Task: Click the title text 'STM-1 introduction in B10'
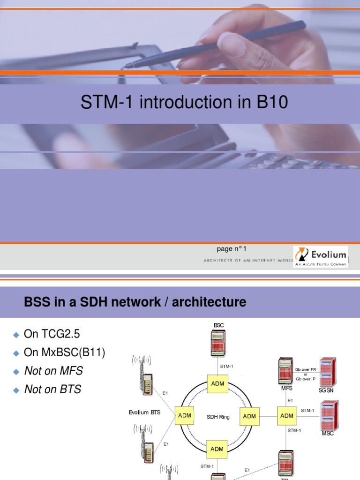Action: coord(184,103)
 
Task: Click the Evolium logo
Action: coord(321,256)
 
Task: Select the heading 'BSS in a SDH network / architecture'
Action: coord(135,302)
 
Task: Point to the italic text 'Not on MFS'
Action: coord(53,371)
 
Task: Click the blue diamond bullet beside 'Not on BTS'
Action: coord(16,390)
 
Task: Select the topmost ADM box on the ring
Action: coord(217,384)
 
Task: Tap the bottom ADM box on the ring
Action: coord(217,449)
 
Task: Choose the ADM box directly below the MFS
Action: coord(286,416)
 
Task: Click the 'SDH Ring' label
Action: coord(218,417)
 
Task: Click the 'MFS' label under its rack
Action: coord(287,389)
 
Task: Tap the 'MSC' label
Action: coord(328,434)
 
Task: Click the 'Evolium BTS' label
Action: coord(144,412)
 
